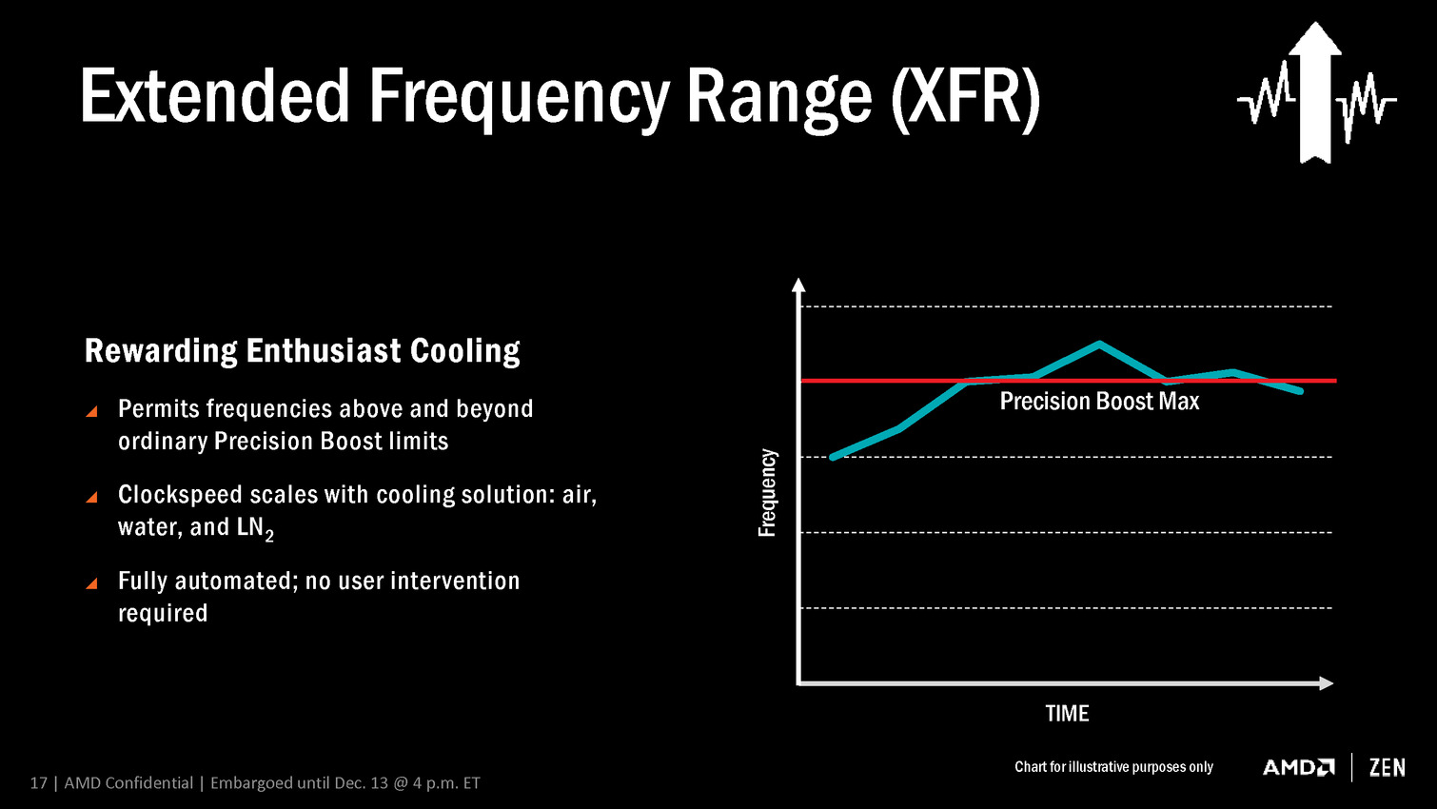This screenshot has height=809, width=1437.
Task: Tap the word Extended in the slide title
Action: point(216,96)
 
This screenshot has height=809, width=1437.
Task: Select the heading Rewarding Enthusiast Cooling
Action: point(302,351)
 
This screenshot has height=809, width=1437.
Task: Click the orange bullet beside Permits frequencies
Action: point(91,411)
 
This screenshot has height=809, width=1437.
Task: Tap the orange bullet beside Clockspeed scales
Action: point(91,497)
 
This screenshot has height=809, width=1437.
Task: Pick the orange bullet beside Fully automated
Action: point(91,583)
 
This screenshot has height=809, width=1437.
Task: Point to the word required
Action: point(163,613)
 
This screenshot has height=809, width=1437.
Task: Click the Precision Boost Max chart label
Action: point(1099,402)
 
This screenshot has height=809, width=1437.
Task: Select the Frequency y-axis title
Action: point(767,493)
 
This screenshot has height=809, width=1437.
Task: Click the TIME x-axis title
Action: point(1067,714)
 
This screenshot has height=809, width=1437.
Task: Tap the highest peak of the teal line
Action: point(1099,344)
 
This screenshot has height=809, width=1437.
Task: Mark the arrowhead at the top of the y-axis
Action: point(798,285)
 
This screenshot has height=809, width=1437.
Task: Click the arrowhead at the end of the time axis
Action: point(1326,682)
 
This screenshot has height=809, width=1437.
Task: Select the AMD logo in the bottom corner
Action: point(1298,767)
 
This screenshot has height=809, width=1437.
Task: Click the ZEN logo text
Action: point(1387,767)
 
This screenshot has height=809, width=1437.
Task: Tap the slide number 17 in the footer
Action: point(38,783)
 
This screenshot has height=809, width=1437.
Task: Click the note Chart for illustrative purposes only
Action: point(1113,767)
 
